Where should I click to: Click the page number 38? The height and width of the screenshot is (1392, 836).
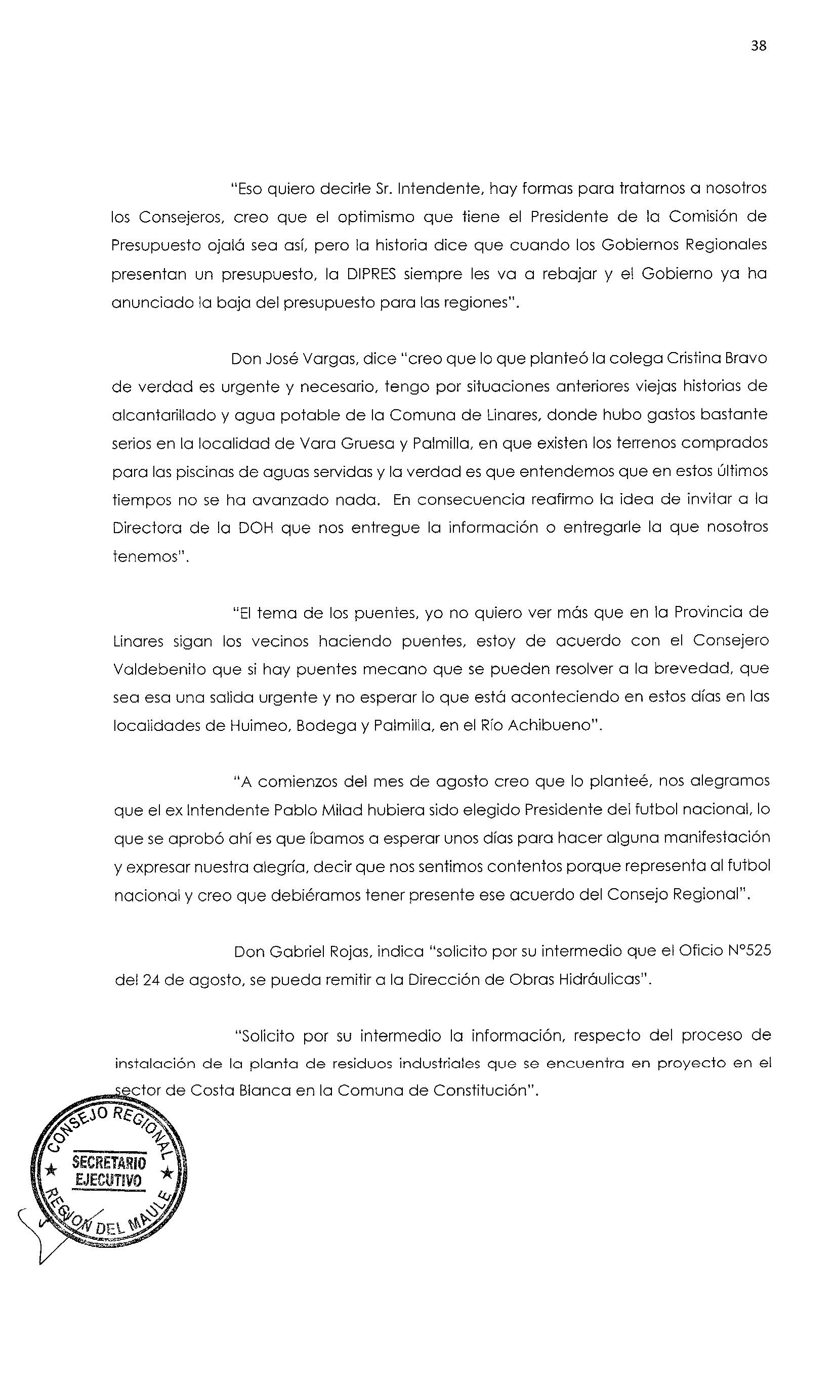point(758,46)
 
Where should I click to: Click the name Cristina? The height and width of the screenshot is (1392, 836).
point(691,359)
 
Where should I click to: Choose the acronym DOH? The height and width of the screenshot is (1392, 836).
point(254,528)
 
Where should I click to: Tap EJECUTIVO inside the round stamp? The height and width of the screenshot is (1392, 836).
point(109,1180)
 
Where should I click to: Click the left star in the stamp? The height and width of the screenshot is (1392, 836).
point(51,1171)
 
